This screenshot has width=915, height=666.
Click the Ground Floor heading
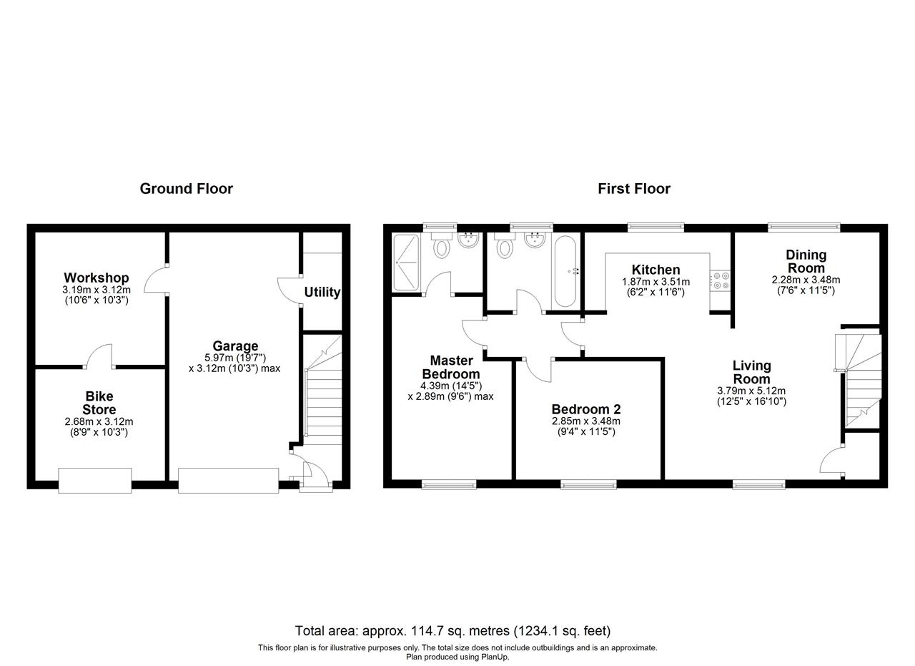[x=187, y=189]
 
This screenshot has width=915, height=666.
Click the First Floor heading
[x=634, y=189]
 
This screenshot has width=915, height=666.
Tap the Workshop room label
[x=97, y=278]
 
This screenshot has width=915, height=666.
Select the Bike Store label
[x=99, y=403]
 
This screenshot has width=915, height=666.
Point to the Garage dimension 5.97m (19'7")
[x=235, y=358]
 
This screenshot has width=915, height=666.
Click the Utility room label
[x=322, y=293]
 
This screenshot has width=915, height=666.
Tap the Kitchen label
[x=656, y=270]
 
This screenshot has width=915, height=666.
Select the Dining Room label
[x=806, y=262]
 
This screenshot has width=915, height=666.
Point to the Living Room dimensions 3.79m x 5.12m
[x=751, y=391]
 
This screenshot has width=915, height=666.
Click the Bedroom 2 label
[x=586, y=409]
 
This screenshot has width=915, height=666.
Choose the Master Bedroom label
[x=451, y=367]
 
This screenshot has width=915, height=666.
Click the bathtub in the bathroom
[x=565, y=271]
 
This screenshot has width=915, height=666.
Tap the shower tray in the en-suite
[x=406, y=263]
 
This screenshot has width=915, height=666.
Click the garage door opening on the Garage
[x=228, y=481]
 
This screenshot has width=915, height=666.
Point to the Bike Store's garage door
[x=95, y=481]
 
